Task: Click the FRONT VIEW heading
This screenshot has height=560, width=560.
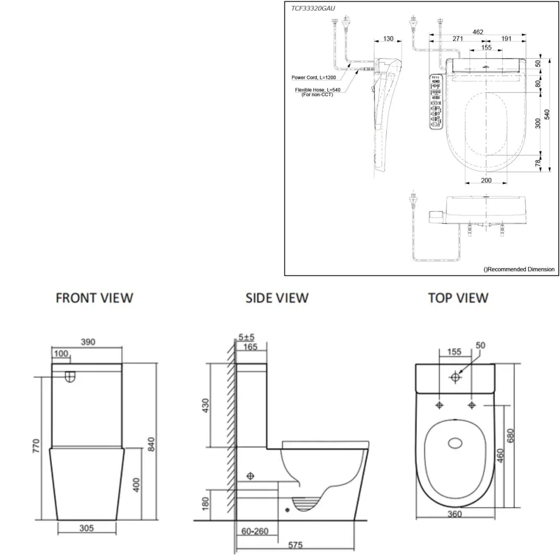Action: click(x=94, y=298)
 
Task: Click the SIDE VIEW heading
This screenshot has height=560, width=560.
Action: click(x=277, y=298)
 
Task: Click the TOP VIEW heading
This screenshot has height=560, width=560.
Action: click(x=458, y=298)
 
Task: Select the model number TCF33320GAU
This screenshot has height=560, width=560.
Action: click(x=313, y=8)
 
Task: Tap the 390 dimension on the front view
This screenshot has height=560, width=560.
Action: click(x=88, y=342)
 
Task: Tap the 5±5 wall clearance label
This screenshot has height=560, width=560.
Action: click(x=246, y=337)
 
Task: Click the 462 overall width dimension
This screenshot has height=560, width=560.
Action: click(x=478, y=32)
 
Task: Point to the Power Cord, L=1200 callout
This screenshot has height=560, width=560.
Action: click(x=314, y=77)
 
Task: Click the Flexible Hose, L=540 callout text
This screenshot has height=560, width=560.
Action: click(x=318, y=90)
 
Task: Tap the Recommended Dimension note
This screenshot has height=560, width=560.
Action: click(x=519, y=269)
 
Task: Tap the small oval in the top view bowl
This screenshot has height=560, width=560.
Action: click(x=455, y=444)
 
